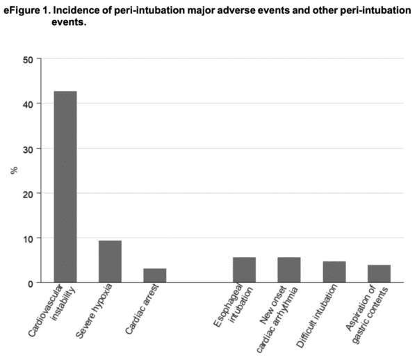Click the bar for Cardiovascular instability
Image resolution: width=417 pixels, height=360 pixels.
tap(65, 187)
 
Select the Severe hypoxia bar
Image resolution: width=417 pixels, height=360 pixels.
tap(110, 262)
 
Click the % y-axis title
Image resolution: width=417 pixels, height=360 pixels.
tap(12, 171)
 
